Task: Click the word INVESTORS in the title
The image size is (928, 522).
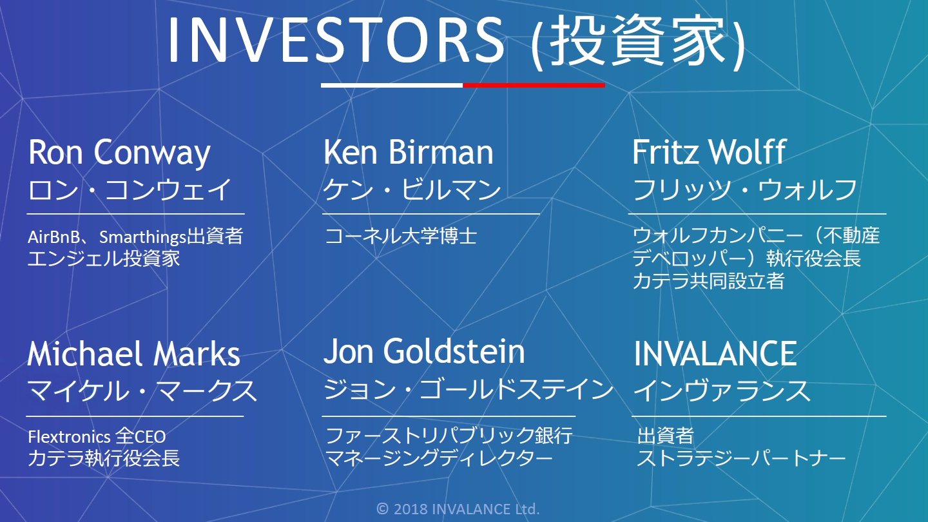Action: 336,40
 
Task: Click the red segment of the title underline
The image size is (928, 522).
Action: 534,85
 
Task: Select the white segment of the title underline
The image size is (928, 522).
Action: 392,85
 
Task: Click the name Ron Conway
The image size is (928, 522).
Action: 119,153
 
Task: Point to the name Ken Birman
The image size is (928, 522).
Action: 409,152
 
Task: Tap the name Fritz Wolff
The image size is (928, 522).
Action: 710,152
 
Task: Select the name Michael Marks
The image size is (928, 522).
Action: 134,354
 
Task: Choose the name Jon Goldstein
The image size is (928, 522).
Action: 424,351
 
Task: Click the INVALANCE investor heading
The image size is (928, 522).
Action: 715,354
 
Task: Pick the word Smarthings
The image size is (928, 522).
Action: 142,237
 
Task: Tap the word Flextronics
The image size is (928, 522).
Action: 69,437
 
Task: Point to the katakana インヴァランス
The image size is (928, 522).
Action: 722,391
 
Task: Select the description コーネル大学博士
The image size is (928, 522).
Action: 401,236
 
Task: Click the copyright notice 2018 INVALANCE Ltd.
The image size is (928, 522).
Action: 458,508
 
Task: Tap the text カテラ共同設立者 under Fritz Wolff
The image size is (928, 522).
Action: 708,281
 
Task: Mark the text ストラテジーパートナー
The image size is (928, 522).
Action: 741,458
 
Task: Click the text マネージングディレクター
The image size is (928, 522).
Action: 439,458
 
